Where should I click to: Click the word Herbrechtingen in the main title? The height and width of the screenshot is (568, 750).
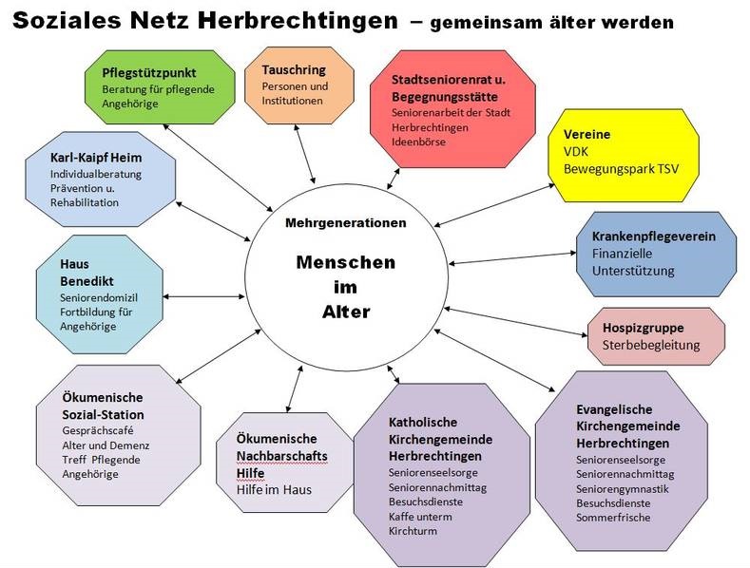point(298,21)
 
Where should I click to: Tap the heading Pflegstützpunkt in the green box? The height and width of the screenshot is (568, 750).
point(149,73)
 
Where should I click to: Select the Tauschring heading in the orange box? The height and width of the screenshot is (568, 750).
point(294,70)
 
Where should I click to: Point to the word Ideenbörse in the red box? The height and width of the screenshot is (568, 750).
point(418,142)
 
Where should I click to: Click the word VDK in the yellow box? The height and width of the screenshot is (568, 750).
point(576,152)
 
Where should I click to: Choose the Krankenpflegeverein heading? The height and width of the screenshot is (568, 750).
point(654,237)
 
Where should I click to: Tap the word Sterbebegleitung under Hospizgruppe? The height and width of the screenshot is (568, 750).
point(651,345)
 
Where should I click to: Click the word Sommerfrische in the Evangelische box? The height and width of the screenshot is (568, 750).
point(613,518)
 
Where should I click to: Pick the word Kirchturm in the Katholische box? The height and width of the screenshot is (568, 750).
point(413,531)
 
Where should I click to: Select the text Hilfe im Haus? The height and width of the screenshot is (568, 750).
point(274,490)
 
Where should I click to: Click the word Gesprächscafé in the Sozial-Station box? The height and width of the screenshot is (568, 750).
point(98,431)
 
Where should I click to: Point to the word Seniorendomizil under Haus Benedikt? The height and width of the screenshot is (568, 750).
point(99,298)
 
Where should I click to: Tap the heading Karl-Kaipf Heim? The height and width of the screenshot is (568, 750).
point(96,158)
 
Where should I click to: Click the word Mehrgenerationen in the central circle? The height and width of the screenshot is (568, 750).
point(346,223)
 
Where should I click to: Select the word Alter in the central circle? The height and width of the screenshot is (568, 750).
point(346,312)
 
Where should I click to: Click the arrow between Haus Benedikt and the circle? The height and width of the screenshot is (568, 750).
point(203,297)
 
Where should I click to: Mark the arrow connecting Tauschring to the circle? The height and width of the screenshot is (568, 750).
point(305,154)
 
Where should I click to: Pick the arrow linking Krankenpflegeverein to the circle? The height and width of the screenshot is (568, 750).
point(512,258)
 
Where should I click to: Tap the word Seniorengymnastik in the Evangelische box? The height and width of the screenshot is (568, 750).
point(623,489)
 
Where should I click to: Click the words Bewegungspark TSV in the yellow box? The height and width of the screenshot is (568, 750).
point(621,169)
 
